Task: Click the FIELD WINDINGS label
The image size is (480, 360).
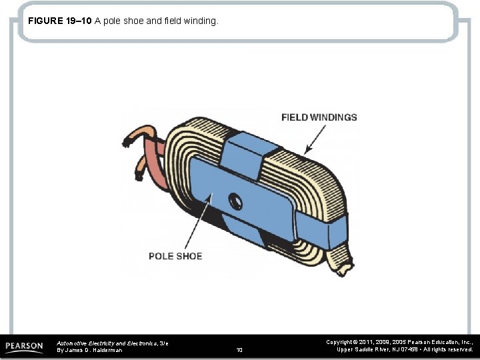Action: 319,117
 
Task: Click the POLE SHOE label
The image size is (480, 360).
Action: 175,256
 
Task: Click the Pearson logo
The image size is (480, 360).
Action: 24,347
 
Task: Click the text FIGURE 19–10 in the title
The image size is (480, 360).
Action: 60,21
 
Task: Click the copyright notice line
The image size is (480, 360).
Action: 399,341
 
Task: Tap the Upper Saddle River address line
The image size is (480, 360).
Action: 404,349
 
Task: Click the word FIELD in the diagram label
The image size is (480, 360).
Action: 294,117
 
